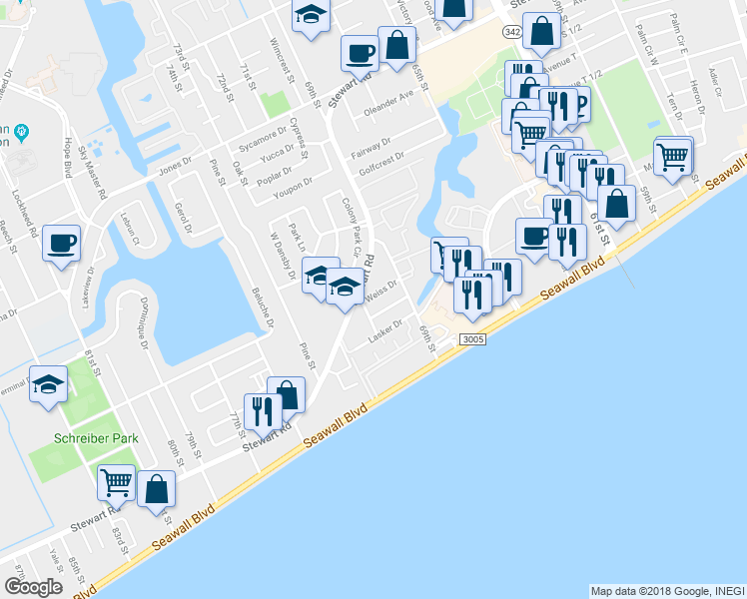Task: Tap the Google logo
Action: click(x=33, y=587)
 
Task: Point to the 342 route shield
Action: click(x=512, y=33)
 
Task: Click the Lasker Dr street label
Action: click(x=384, y=325)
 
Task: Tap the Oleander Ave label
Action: click(x=388, y=102)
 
